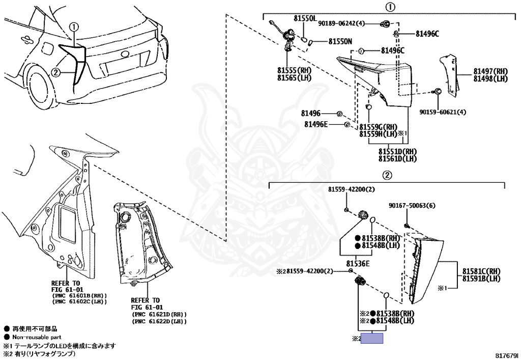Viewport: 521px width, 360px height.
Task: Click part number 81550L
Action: (305, 18)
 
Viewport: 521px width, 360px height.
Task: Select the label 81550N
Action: (340, 41)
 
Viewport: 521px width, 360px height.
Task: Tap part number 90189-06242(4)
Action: (342, 23)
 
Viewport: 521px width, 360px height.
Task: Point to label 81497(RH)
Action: (490, 71)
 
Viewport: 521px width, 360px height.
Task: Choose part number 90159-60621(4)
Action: (443, 113)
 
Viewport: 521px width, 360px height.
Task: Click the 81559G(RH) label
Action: (378, 127)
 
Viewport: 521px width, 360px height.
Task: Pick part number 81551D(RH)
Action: (397, 152)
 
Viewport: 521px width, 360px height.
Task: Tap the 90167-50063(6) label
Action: (412, 206)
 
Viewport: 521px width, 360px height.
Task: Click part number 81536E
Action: (358, 264)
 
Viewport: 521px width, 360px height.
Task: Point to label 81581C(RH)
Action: (481, 271)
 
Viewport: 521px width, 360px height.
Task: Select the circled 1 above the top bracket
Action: (389, 8)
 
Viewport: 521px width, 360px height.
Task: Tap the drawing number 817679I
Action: (506, 354)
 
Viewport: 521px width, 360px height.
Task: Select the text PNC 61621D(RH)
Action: (159, 315)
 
